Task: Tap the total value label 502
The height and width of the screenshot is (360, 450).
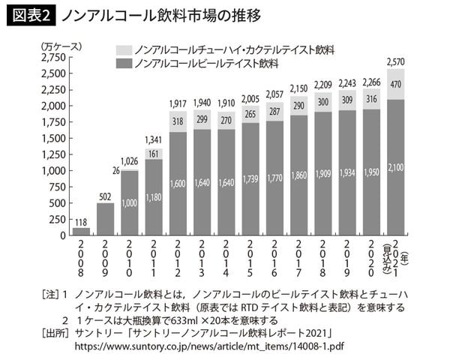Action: coord(104,197)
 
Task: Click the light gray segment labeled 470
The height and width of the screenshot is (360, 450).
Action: coord(394,85)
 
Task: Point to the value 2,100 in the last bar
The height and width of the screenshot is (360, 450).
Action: coord(394,166)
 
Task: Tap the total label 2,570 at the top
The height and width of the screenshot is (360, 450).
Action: coord(394,61)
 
